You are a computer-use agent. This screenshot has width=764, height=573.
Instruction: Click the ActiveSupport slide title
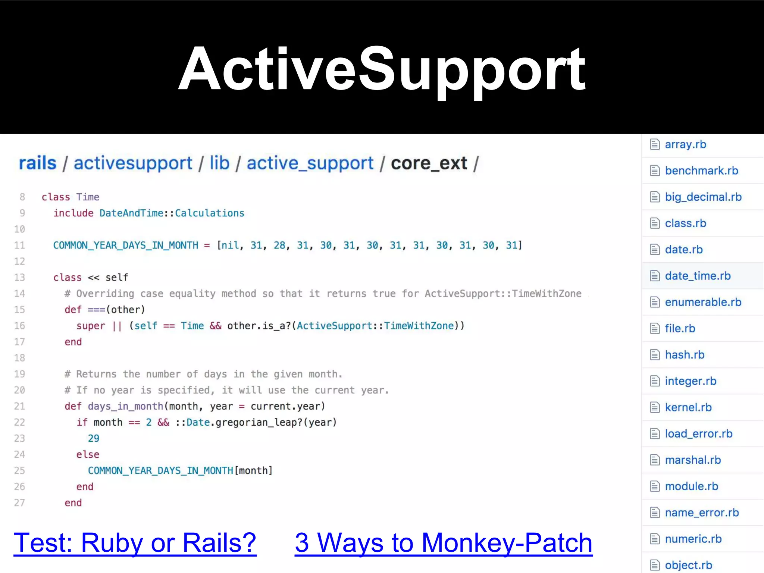pos(382,69)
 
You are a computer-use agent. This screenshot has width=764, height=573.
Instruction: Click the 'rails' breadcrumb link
pos(37,163)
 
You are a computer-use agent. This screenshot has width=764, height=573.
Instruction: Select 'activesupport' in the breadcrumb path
pos(133,163)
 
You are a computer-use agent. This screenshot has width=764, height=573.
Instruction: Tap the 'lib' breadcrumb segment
pos(219,163)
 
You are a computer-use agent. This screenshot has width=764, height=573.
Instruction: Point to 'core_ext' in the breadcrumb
pos(429,163)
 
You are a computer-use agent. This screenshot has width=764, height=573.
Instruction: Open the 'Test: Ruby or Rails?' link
pos(135,542)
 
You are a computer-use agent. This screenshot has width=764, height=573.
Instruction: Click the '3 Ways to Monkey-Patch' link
pos(443,542)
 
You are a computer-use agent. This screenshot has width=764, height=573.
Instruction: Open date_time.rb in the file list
pos(698,276)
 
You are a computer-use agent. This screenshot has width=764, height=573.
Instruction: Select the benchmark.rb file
pos(701,170)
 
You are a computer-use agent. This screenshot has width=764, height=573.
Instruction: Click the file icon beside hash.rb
pos(655,354)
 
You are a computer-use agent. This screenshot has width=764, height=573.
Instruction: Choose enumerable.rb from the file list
pos(703,302)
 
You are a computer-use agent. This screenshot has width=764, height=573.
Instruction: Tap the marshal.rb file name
pos(693,460)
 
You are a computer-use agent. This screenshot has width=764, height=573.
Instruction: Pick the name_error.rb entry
pos(702,513)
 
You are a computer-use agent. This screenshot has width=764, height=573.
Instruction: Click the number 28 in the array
pos(279,245)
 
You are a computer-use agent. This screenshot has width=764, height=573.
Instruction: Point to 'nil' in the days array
pos(230,245)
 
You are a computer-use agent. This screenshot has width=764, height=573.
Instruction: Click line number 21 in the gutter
pos(19,406)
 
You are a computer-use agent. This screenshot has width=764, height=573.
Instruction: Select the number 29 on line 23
pos(94,438)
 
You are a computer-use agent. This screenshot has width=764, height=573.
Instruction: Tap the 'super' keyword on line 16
pos(91,326)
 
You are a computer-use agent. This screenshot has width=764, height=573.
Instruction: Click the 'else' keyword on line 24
pos(88,454)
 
